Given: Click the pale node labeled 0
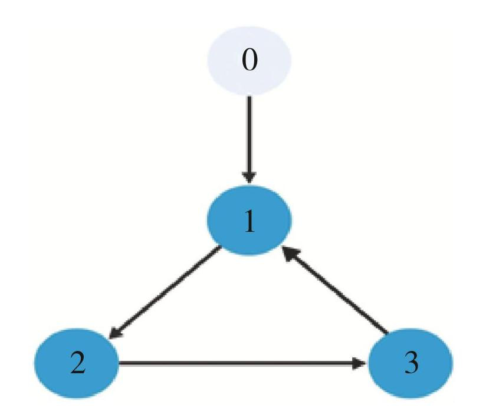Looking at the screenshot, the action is (x=249, y=61).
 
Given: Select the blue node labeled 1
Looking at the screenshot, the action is (x=249, y=220).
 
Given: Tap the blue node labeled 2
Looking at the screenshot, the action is (x=77, y=363).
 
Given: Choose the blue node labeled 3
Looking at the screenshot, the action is (x=411, y=363).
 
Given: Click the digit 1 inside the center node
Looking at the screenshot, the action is (x=250, y=221).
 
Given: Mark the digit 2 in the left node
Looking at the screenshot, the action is (x=78, y=363).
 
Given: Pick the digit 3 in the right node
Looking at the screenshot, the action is (x=412, y=363).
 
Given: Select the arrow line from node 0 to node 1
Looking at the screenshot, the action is (x=249, y=140).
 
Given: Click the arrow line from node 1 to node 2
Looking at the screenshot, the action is (x=165, y=292).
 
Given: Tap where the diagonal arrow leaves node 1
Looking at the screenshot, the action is (x=220, y=247).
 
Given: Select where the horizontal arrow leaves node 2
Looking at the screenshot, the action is (x=119, y=363).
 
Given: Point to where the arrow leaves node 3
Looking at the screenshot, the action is (x=388, y=333).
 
